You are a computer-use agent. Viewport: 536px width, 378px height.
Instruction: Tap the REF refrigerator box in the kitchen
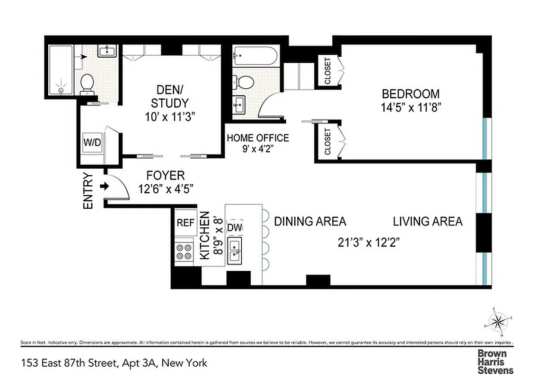pyautogui.click(x=185, y=223)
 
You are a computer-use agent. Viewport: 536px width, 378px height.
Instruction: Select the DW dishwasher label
pyautogui.click(x=235, y=228)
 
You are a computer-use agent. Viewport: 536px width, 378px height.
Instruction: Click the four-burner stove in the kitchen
pyautogui.click(x=185, y=251)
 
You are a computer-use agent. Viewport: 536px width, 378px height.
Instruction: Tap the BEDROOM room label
pyautogui.click(x=410, y=94)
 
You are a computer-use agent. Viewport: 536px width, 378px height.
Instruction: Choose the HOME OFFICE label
pyautogui.click(x=257, y=138)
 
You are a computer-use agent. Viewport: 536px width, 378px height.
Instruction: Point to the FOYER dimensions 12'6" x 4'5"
pyautogui.click(x=165, y=189)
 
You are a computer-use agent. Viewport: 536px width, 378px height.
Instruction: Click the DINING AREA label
pyautogui.click(x=310, y=221)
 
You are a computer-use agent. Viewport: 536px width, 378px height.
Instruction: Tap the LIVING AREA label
pyautogui.click(x=427, y=221)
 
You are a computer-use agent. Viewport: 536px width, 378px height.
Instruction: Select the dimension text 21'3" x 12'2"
pyautogui.click(x=369, y=242)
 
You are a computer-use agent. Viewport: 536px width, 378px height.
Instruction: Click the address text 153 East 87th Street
pyautogui.click(x=69, y=363)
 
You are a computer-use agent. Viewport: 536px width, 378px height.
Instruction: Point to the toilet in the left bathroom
pyautogui.click(x=87, y=84)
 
